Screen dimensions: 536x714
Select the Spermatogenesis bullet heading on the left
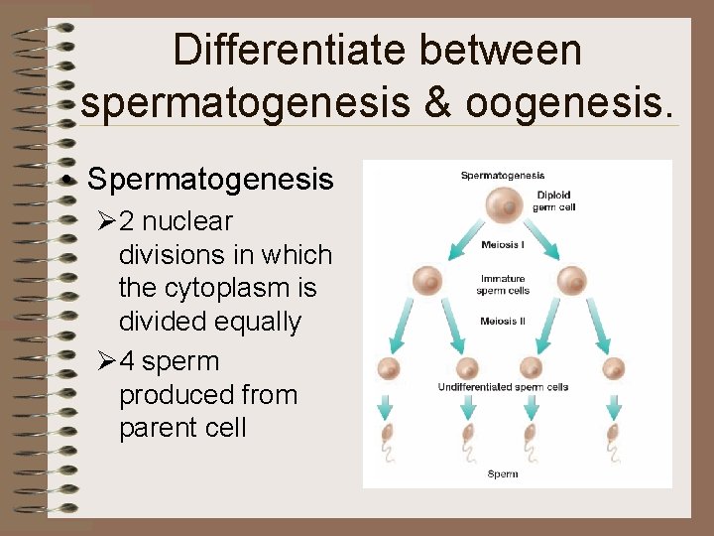[x=210, y=180]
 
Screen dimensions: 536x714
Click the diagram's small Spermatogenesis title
[x=503, y=177]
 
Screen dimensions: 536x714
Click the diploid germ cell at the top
[x=505, y=205]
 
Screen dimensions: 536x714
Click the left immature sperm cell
[x=427, y=281]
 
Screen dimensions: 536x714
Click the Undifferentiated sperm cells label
[x=503, y=387]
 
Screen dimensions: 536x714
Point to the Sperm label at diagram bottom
[x=503, y=474]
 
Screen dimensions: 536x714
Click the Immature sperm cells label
[x=504, y=285]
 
